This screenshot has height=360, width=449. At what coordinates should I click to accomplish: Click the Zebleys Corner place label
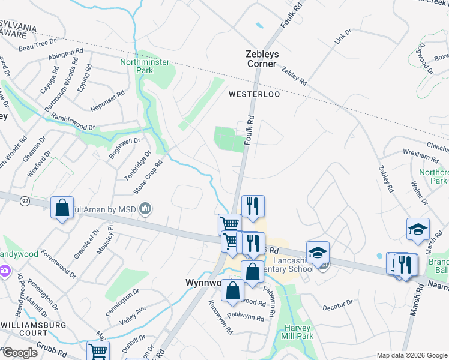click(262, 58)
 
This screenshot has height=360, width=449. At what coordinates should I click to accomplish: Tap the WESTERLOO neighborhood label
click(255, 94)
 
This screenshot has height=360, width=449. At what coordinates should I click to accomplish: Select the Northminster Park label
click(145, 66)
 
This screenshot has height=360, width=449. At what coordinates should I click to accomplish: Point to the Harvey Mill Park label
click(298, 332)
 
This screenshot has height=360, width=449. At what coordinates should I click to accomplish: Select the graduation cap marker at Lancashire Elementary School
click(318, 253)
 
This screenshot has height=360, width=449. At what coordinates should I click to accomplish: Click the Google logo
click(20, 353)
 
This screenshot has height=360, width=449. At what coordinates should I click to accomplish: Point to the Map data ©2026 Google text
click(412, 355)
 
